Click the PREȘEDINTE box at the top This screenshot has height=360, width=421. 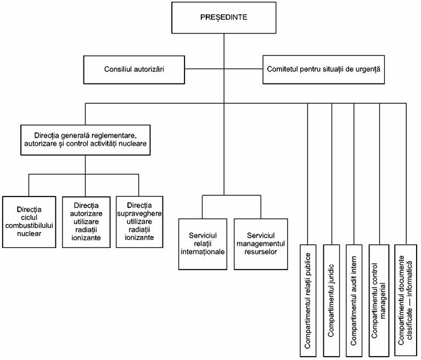click(223, 18)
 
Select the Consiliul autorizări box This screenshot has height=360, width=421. click(134, 70)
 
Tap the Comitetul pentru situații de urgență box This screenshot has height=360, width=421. click(323, 70)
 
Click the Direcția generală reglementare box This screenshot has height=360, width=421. click(86, 140)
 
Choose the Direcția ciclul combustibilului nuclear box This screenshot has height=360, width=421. click(29, 222)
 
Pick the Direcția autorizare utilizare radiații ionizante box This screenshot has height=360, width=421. click(86, 222)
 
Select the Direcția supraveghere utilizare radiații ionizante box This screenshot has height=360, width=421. click(139, 222)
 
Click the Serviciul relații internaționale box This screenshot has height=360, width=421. click(203, 244)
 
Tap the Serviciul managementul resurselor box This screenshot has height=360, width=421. click(261, 244)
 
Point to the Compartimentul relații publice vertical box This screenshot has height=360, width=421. click(308, 301)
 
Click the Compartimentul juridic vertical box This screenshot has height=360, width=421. click(332, 301)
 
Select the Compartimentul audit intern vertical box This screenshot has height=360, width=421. click(354, 301)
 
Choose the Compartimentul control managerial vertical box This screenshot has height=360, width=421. click(379, 301)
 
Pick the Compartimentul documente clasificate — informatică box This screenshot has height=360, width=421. click(406, 301)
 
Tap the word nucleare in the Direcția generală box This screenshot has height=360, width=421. click(133, 144)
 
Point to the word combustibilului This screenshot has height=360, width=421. click(29, 226)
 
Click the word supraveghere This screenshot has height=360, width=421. click(139, 213)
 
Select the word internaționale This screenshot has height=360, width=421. click(203, 252)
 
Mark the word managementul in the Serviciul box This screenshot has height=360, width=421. click(261, 244)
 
